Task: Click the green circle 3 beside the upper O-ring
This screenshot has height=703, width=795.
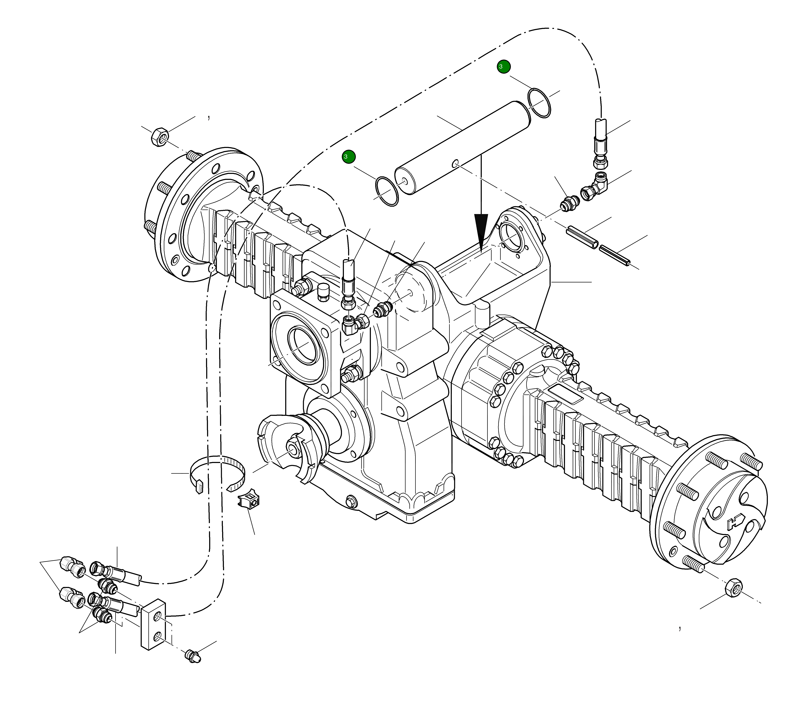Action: [x=504, y=67]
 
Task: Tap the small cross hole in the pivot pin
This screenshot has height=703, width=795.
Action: [x=455, y=164]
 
